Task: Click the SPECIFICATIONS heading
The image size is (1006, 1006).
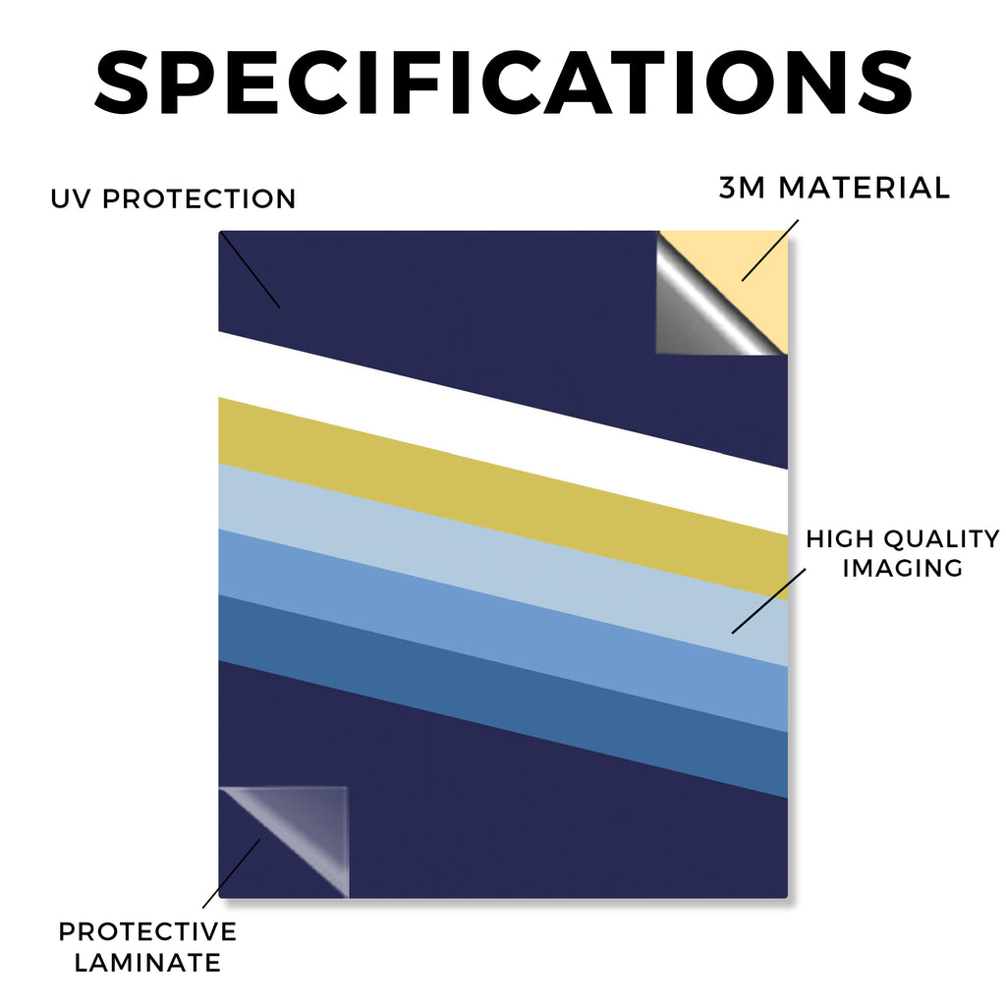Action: [504, 84]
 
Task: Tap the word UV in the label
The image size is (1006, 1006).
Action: [70, 198]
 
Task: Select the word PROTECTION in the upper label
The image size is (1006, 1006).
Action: [198, 198]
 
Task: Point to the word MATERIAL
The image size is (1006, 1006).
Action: [865, 188]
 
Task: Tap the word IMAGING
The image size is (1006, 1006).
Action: [902, 568]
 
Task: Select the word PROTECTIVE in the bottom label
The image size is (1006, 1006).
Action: [147, 931]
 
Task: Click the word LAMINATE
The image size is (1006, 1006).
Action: [147, 963]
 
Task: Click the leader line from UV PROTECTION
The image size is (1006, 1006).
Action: [251, 270]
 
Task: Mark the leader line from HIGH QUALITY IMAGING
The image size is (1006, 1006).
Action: [768, 601]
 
